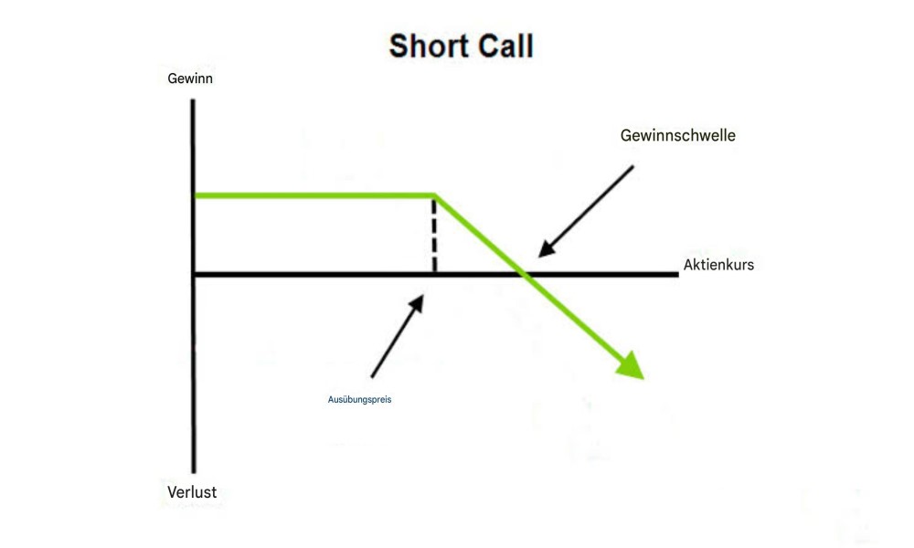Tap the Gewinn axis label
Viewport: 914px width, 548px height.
(x=190, y=79)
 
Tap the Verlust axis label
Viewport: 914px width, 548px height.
(x=192, y=492)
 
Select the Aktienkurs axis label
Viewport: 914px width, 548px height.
(x=718, y=265)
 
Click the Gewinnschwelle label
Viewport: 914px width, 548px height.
(x=677, y=135)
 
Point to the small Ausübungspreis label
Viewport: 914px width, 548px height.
(x=359, y=399)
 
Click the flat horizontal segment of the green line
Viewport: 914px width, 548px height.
(x=311, y=195)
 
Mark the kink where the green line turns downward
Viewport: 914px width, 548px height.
(x=434, y=195)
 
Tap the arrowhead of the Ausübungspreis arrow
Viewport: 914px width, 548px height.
(x=420, y=298)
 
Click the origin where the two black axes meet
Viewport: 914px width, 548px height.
(x=194, y=273)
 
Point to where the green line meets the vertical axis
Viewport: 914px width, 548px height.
(x=195, y=195)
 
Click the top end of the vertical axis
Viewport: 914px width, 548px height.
(x=194, y=100)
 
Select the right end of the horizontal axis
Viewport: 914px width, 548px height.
(x=676, y=273)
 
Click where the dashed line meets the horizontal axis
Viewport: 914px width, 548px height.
(x=434, y=272)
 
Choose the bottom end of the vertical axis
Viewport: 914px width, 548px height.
(x=194, y=470)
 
